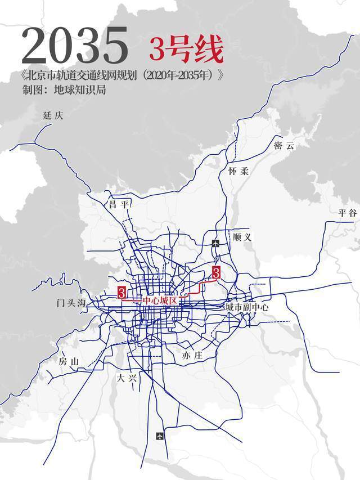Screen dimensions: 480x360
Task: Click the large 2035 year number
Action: [74, 44]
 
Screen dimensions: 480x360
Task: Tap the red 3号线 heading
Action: [186, 50]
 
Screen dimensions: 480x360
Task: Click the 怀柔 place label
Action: [238, 171]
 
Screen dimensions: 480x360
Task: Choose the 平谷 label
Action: [348, 213]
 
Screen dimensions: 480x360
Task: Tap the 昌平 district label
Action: [119, 205]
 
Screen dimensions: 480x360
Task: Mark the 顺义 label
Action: [242, 237]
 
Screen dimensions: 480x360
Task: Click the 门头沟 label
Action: [71, 303]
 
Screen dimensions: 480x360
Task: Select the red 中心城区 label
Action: [160, 301]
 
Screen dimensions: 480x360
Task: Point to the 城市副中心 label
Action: [247, 307]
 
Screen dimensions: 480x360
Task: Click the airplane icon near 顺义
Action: [215, 243]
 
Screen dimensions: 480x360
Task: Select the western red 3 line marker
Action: [121, 292]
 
